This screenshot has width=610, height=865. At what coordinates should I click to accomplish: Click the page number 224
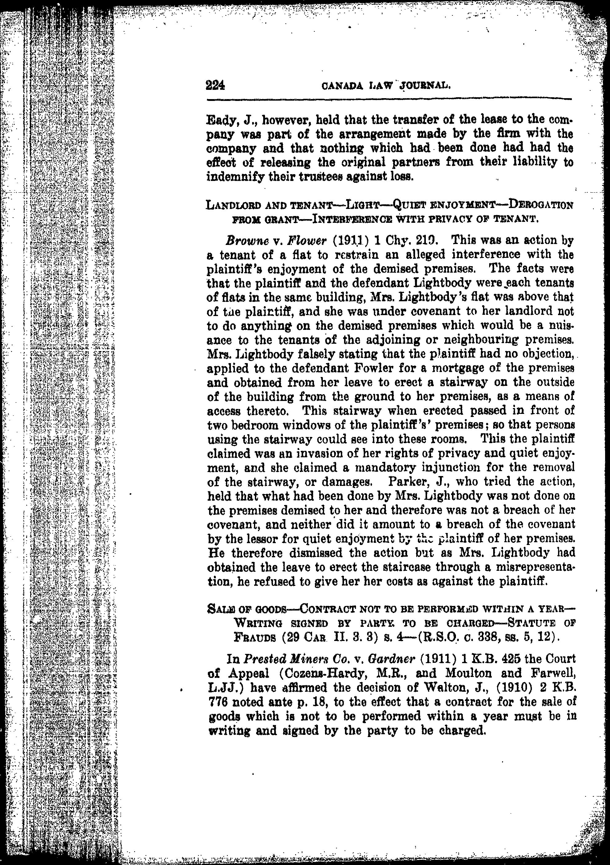(215, 86)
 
